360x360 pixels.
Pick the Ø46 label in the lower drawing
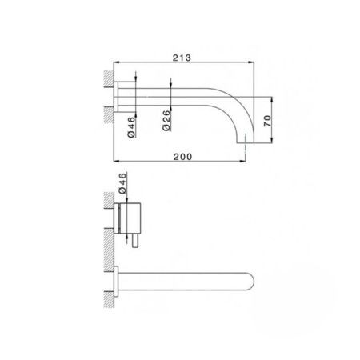coord(122,185)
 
